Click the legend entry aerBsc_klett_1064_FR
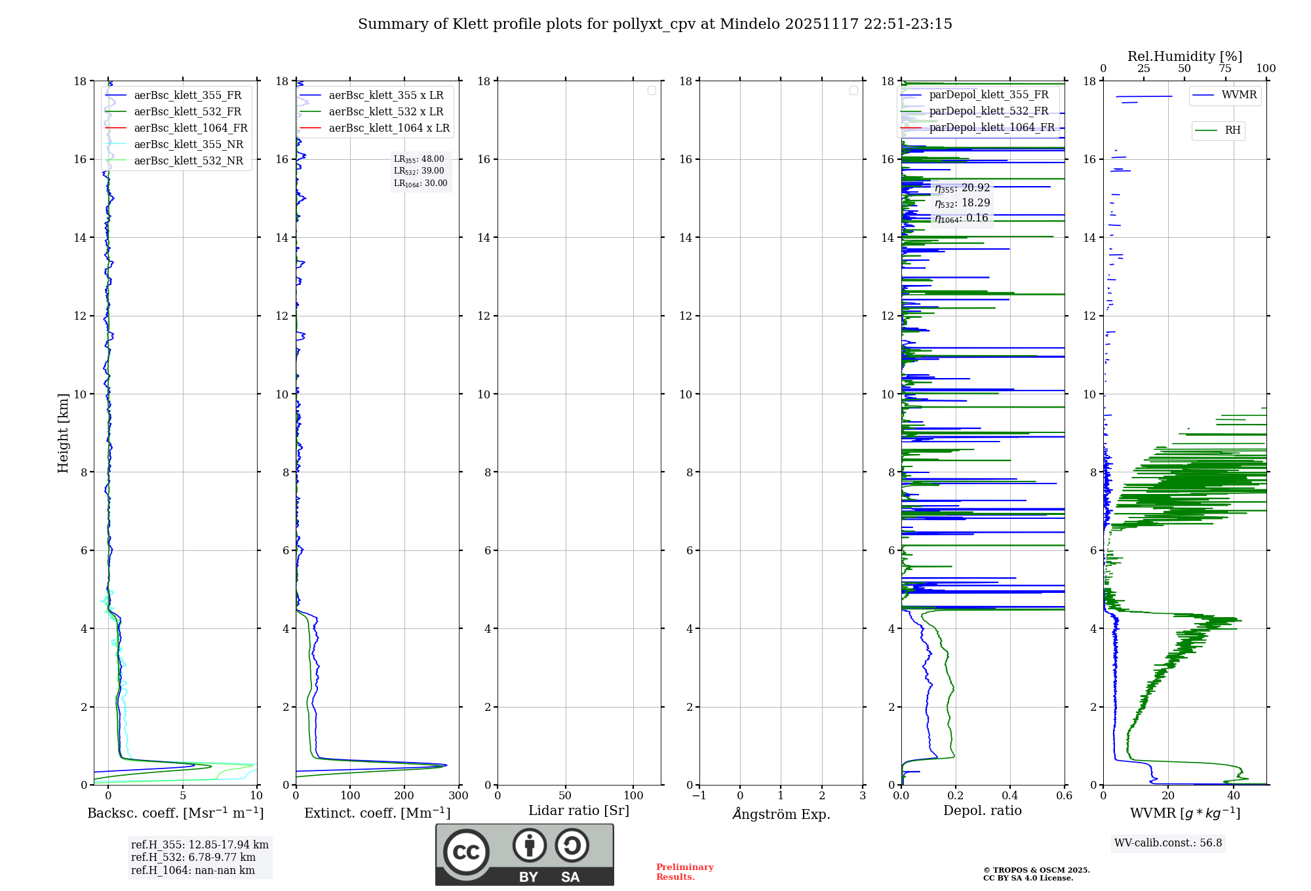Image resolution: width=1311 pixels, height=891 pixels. click(x=190, y=128)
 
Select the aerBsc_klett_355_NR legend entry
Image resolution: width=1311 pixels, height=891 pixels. click(x=188, y=144)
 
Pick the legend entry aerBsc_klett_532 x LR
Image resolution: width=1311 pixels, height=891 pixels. click(x=385, y=111)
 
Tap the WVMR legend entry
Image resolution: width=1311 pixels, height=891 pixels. click(x=1239, y=95)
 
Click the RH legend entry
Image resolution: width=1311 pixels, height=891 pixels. click(x=1232, y=130)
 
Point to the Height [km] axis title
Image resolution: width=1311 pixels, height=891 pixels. click(x=63, y=433)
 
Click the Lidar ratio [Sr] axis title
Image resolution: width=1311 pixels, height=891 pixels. click(x=579, y=810)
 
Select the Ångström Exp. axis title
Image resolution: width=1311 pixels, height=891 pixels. click(x=781, y=814)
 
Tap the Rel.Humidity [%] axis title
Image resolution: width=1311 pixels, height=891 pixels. click(x=1184, y=56)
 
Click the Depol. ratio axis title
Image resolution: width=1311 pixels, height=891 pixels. click(x=982, y=810)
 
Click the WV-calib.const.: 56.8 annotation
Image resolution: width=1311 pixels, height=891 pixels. click(x=1168, y=843)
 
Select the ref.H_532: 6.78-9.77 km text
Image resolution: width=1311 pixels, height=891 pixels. click(x=193, y=858)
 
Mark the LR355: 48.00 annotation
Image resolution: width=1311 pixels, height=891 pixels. click(x=419, y=159)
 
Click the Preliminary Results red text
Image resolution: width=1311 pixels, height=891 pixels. click(x=684, y=872)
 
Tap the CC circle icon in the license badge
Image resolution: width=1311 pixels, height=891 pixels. click(x=466, y=852)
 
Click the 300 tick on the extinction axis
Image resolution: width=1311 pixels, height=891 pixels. click(x=459, y=796)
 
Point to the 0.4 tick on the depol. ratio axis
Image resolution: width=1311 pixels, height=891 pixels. click(x=1010, y=796)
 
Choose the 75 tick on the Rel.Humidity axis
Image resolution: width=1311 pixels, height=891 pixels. click(x=1224, y=69)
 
